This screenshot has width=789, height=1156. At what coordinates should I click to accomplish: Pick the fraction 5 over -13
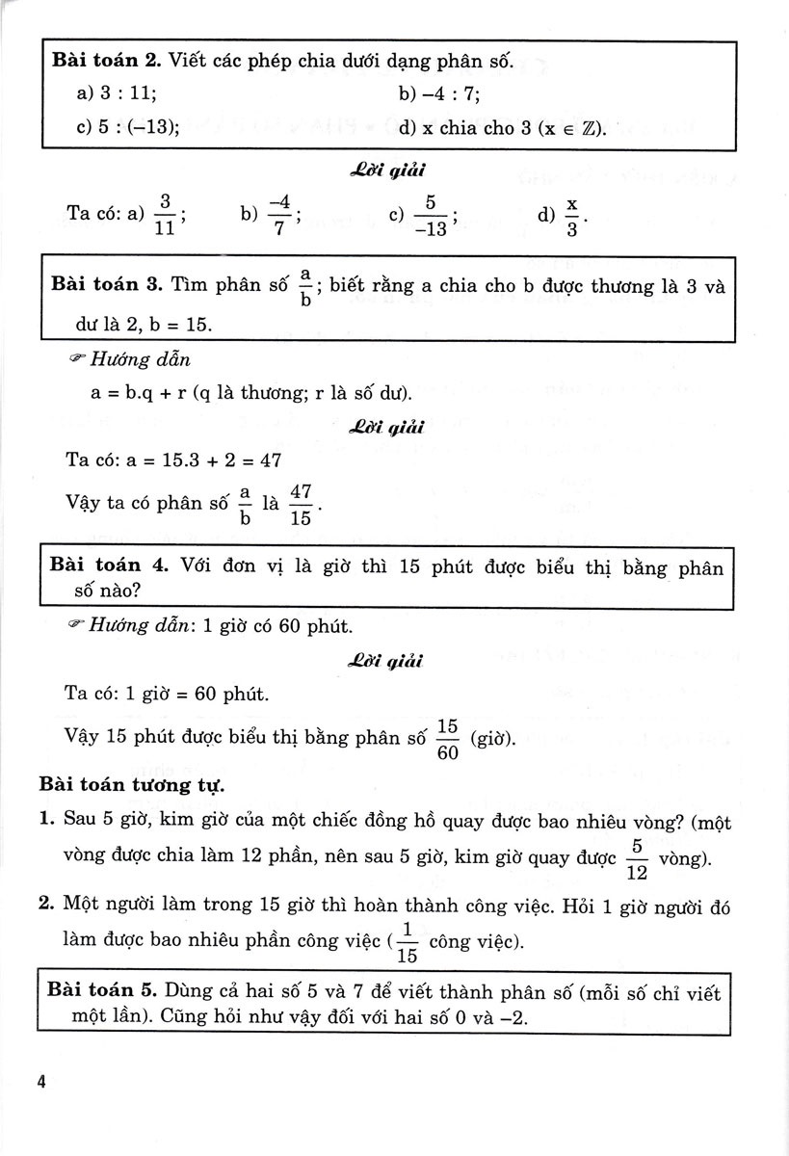pos(430,216)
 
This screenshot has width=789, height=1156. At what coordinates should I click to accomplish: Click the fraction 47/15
pos(301,503)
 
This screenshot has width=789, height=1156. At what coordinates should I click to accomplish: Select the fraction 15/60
pos(446,740)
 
